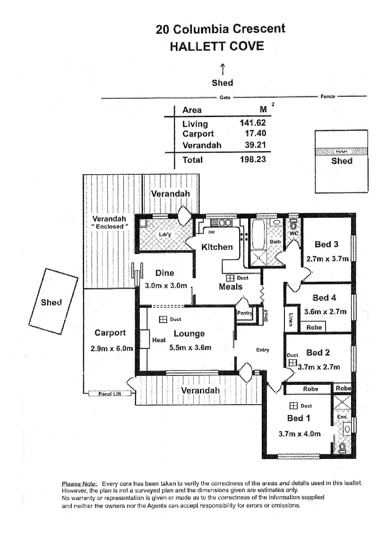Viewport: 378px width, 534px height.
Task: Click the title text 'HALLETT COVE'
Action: click(x=216, y=46)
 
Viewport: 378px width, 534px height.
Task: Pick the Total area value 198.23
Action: click(x=253, y=160)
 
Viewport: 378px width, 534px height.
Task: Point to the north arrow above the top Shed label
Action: click(x=222, y=68)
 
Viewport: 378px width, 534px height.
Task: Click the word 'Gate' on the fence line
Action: click(x=225, y=97)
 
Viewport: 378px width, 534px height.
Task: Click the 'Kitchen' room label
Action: click(x=217, y=246)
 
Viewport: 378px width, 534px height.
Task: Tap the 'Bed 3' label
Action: click(x=326, y=244)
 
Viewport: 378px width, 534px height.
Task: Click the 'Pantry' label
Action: click(x=245, y=312)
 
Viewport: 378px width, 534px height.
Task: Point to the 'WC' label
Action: click(x=294, y=233)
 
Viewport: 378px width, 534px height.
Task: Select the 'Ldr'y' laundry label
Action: click(x=164, y=235)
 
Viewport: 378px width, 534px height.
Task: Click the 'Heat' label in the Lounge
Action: click(x=159, y=340)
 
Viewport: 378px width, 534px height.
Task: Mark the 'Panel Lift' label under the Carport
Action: click(x=108, y=393)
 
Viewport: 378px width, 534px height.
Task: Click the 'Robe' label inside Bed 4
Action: click(x=314, y=327)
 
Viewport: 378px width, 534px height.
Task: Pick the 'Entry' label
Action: click(x=262, y=350)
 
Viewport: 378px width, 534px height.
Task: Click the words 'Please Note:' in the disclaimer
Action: click(x=79, y=483)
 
